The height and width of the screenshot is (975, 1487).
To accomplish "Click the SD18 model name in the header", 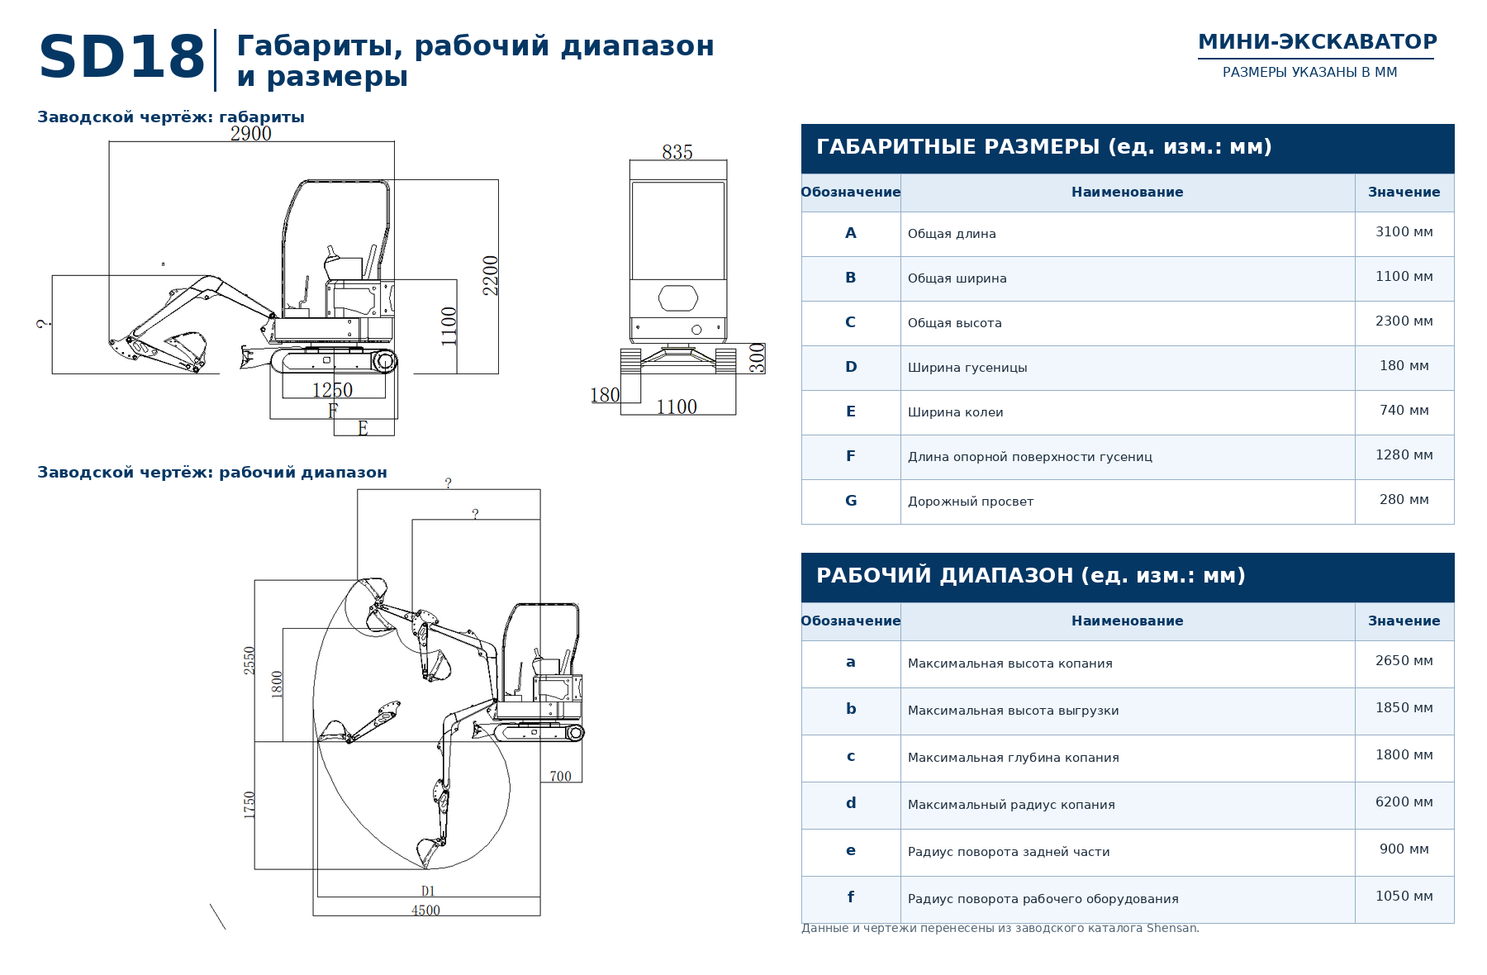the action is coord(121,58).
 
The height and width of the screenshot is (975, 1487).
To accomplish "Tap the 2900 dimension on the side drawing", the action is coord(251,133).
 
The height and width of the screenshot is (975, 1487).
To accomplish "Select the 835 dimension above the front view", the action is coord(677,152).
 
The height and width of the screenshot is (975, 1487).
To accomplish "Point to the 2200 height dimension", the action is coord(491,275).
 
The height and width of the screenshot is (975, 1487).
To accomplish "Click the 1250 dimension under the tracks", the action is coord(332,390).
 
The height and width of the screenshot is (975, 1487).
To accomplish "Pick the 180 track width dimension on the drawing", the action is coord(605,395).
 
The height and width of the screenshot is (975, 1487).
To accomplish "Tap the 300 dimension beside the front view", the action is coord(757,359).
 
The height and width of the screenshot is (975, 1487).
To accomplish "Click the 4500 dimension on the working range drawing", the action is coord(425,910).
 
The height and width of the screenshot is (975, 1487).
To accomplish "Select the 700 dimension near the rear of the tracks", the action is coord(560,776).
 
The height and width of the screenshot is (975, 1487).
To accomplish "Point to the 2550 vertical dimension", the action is coord(249,660).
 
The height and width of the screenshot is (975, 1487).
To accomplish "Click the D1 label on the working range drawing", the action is coord(428,891).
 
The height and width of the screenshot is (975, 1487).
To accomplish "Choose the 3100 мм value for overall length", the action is coord(1404,232).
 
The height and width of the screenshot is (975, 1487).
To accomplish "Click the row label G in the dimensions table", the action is coord(851,501).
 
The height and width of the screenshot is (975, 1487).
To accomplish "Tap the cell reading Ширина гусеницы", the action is coord(967,368).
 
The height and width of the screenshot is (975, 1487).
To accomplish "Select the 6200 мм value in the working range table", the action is coord(1404,802).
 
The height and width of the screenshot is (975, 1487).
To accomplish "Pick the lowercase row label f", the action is coord(851,897).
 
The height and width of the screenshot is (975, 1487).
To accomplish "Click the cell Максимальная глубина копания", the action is coord(1014,758).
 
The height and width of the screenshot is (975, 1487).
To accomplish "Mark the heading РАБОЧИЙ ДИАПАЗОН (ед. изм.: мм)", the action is coord(1031,576).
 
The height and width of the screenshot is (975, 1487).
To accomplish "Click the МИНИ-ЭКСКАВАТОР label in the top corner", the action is coord(1318,42).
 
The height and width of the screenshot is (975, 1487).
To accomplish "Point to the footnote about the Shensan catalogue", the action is coord(1000,928).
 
